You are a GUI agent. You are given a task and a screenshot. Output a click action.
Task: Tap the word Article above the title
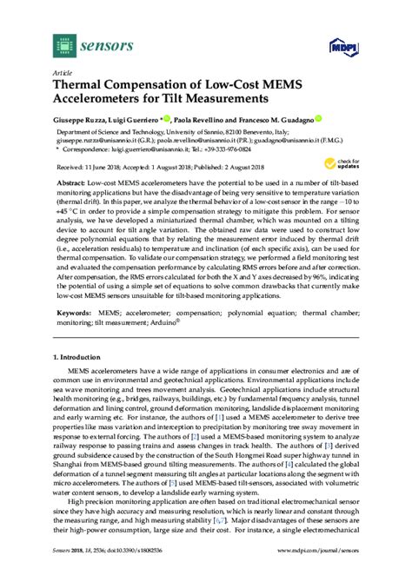(x=63, y=72)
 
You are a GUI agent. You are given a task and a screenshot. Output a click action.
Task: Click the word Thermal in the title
(x=84, y=85)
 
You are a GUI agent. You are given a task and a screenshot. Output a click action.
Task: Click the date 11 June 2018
(x=103, y=165)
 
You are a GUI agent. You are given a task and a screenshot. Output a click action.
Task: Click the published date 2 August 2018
(x=246, y=165)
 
